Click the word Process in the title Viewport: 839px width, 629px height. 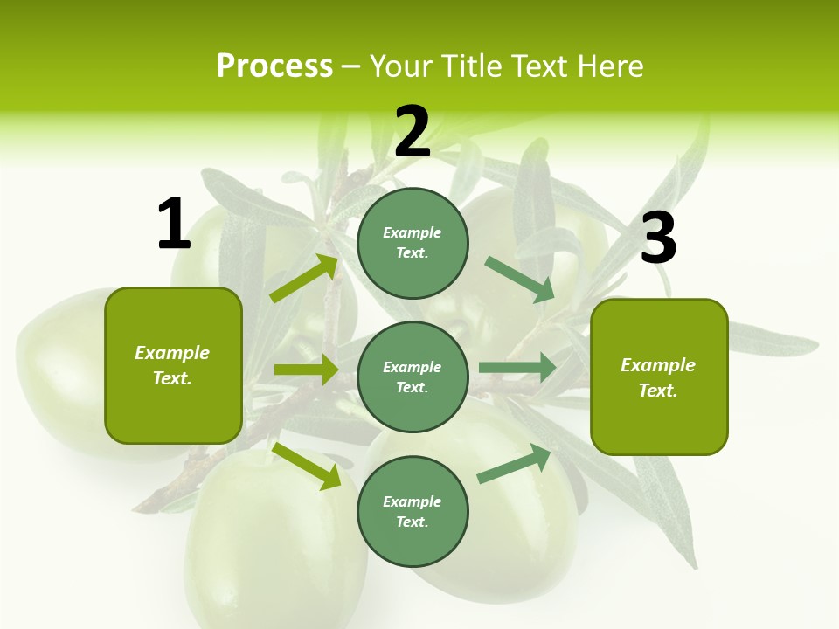[274, 66]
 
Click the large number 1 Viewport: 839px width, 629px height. [173, 225]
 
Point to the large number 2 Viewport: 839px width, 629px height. [413, 133]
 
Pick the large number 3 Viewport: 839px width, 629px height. [658, 238]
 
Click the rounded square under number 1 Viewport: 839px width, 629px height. [173, 365]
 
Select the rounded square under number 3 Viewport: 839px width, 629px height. [659, 377]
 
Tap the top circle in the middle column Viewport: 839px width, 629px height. [413, 243]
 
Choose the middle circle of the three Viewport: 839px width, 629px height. [413, 377]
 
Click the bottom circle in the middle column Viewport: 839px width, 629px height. [413, 511]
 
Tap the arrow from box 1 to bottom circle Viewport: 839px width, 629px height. [307, 465]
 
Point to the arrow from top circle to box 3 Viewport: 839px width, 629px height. [520, 279]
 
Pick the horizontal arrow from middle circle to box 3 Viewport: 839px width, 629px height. [517, 367]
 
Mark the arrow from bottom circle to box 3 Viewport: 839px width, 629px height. [514, 464]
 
